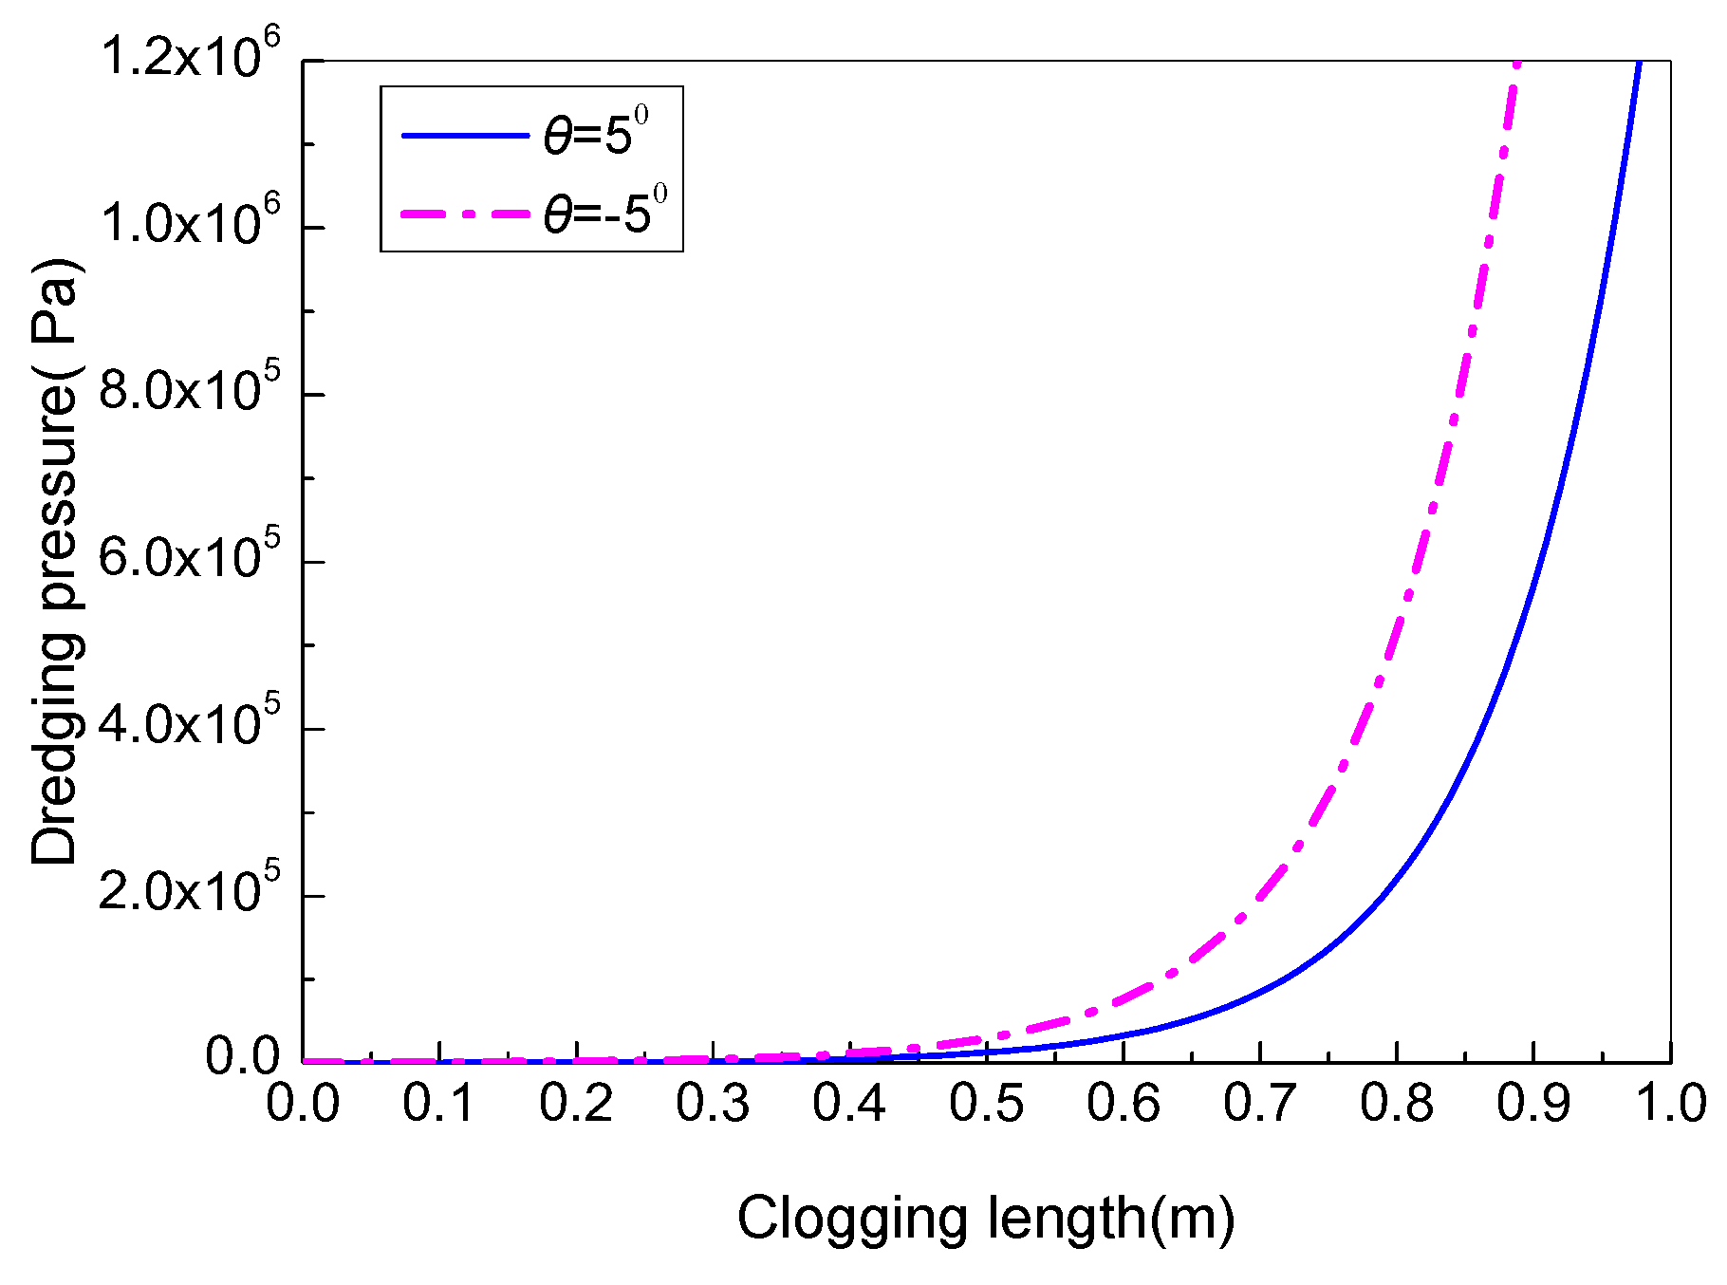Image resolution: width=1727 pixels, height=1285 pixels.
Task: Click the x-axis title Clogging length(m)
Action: point(986,1219)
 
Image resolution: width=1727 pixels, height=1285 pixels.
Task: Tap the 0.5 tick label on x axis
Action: point(987,1104)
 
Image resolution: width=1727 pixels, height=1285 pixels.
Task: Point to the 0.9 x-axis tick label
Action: point(1533,1104)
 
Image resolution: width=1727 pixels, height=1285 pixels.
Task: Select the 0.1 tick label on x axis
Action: point(439,1104)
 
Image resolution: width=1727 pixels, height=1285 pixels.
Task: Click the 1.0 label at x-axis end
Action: point(1668,1104)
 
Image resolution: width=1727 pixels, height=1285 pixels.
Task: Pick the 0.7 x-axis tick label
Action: point(1260,1104)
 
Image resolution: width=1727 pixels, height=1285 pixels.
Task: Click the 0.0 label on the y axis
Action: point(244,1057)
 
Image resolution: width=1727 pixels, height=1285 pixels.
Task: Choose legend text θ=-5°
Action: point(604,212)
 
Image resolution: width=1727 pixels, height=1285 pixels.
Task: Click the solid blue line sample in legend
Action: point(465,136)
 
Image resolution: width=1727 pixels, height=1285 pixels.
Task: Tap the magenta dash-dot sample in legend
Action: point(465,214)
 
